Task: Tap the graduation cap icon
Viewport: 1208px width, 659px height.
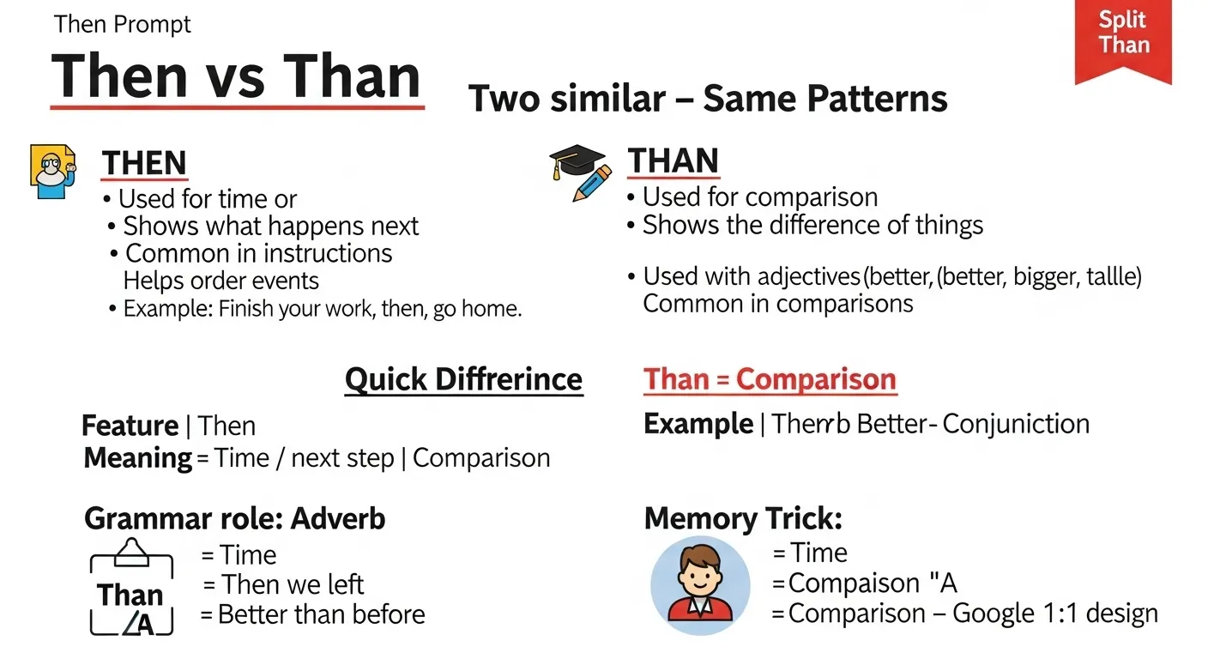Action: [x=577, y=160]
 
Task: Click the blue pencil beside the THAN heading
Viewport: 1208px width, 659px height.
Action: [x=592, y=184]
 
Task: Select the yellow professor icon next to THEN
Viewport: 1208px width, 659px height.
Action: [x=53, y=172]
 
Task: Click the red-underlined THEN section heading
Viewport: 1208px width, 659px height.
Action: [x=144, y=163]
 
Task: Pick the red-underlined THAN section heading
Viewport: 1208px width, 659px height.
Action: [x=673, y=160]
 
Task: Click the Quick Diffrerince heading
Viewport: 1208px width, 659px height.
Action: [x=464, y=379]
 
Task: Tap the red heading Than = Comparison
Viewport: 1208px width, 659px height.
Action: [x=770, y=379]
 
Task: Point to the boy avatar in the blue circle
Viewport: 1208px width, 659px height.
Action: [x=700, y=585]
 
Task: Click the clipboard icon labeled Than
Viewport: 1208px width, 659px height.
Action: [x=131, y=587]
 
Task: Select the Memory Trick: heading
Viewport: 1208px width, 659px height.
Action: [x=743, y=518]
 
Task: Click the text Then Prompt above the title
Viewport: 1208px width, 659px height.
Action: [x=123, y=24]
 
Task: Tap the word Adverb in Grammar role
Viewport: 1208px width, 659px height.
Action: [x=337, y=518]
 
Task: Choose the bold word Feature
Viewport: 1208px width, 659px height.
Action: [x=130, y=426]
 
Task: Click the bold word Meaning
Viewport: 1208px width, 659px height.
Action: [x=138, y=458]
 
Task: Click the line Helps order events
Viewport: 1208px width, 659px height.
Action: [x=221, y=281]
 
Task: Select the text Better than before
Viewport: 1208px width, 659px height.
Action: [x=322, y=614]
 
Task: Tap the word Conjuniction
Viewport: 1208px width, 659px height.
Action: [x=1016, y=424]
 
